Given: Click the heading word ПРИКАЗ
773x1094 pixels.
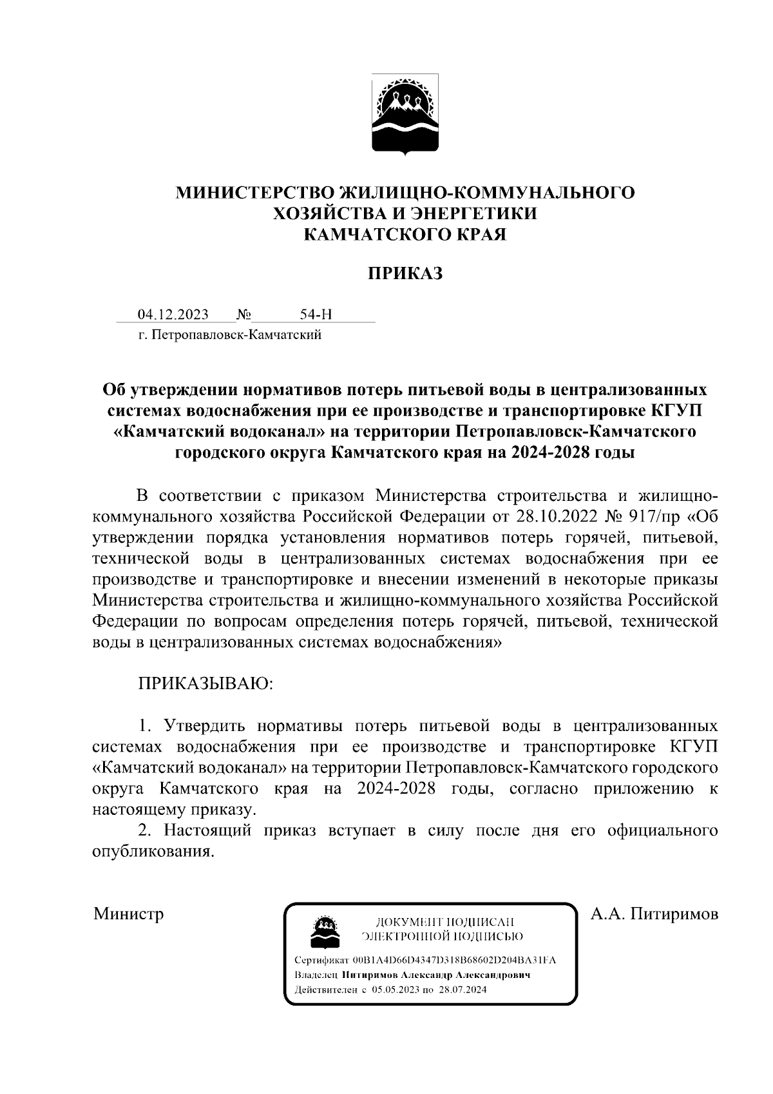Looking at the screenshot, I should click(405, 274).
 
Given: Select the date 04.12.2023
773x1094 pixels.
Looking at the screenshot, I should click(173, 315).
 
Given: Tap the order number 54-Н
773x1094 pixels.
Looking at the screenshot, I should click(316, 315).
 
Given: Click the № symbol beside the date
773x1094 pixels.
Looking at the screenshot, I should click(243, 315).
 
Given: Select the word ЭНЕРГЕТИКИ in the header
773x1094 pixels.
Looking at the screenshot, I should click(474, 213).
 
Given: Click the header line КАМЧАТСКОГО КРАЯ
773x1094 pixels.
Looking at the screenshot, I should click(405, 234).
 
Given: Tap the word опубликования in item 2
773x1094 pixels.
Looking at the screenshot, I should click(153, 852).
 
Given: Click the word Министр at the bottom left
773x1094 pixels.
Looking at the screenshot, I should click(128, 913).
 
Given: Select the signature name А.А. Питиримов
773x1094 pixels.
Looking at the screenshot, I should click(654, 913).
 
